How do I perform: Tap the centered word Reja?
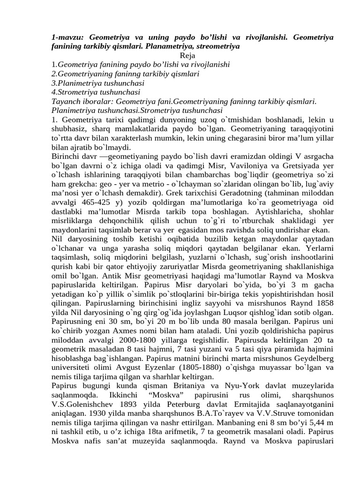180,55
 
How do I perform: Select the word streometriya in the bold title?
217,47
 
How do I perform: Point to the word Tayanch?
66,101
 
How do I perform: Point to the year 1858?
322,303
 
